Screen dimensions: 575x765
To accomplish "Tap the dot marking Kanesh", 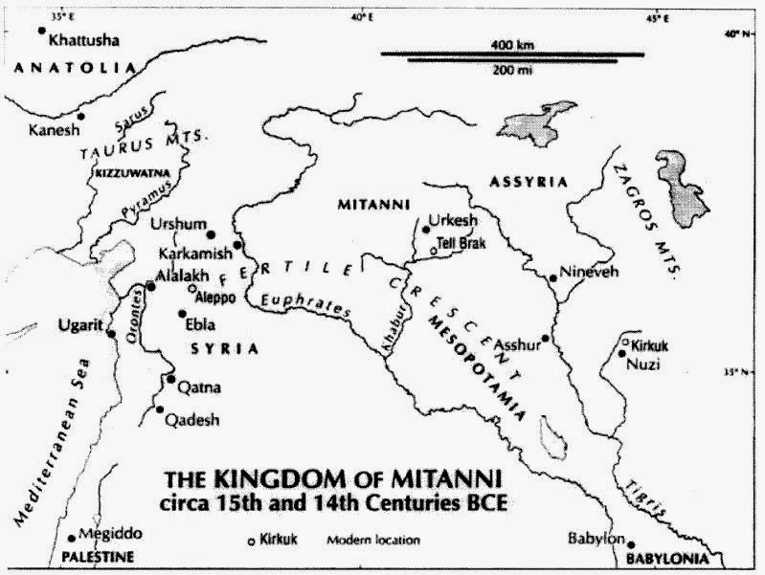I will point(81,117).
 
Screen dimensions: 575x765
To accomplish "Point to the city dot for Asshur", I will point(545,338).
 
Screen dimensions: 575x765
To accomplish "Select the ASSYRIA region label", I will point(529,181).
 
